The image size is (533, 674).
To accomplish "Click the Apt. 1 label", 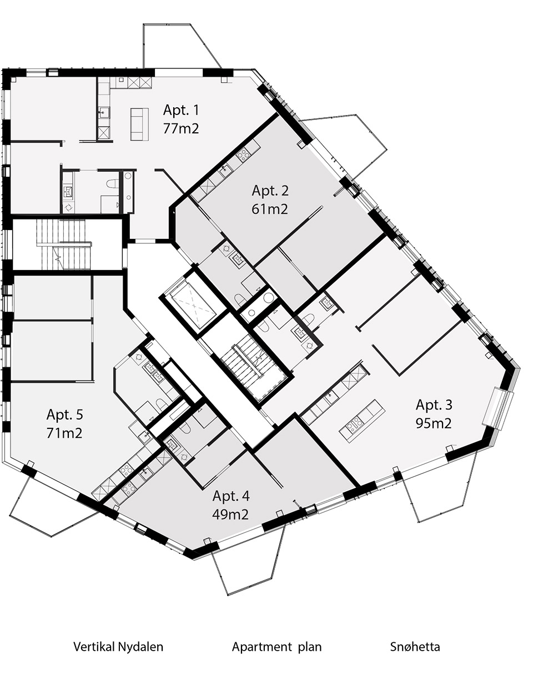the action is click(181, 110).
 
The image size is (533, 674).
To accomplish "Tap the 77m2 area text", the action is click(181, 128).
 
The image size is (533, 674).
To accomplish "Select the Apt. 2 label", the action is click(270, 191).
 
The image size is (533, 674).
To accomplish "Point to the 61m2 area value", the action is click(270, 209).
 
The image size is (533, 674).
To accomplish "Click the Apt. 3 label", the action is click(434, 405).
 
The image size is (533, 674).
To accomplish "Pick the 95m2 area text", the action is click(434, 423).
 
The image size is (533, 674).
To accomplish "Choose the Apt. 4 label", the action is click(231, 496).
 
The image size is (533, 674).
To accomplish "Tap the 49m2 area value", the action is click(230, 515).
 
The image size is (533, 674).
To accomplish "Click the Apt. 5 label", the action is click(65, 415).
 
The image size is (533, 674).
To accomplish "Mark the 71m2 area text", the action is click(64, 433).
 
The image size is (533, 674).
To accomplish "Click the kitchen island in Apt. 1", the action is click(139, 124).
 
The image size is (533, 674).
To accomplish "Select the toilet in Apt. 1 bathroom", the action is click(112, 183).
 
